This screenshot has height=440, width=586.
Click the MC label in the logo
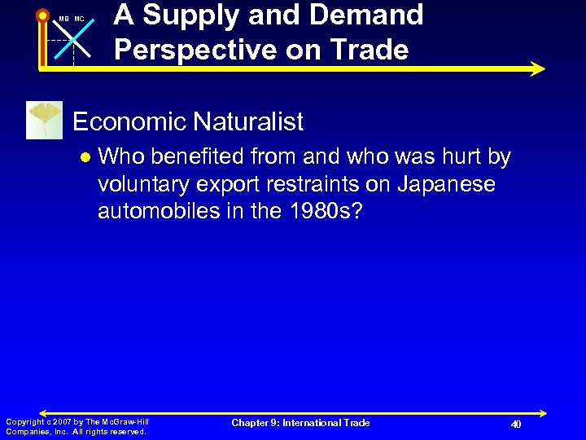tap(79, 19)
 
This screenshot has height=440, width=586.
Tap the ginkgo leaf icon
tap(43, 121)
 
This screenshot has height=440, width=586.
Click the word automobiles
tap(158, 212)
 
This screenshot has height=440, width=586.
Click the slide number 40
tap(516, 425)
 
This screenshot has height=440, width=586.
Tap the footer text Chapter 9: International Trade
tap(300, 423)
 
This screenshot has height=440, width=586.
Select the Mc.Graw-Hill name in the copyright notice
tap(121, 421)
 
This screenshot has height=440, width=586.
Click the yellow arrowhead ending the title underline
tap(538, 69)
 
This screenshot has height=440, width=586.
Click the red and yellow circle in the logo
tap(43, 15)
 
